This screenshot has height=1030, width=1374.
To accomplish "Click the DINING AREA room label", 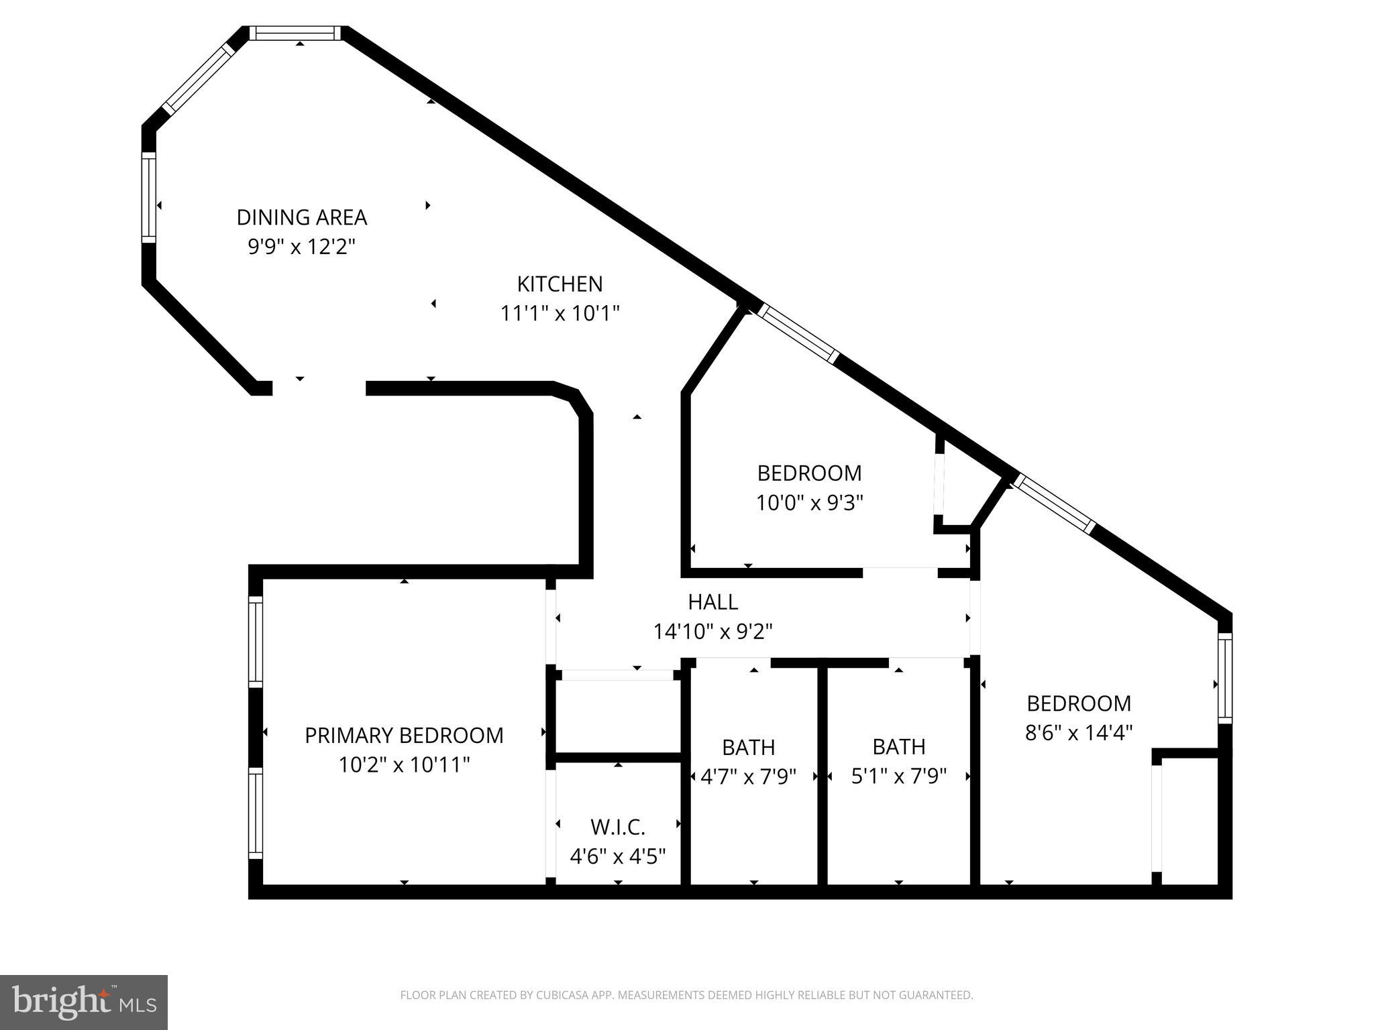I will point(301,217).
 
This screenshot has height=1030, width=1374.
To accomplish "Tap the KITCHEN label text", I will point(560,284).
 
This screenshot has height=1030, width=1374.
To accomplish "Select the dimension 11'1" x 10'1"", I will point(560,313).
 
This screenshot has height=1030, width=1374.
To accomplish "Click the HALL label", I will point(712,602).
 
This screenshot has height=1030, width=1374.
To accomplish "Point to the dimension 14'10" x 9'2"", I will point(712,631).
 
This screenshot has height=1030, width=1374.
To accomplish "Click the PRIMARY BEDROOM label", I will point(404,735).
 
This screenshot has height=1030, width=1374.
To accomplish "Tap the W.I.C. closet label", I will point(617,827).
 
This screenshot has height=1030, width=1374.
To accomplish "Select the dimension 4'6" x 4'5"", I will point(617,856).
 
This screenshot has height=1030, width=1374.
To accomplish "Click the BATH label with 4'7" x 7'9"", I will point(748,746).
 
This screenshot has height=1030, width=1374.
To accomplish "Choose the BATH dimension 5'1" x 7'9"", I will point(898,776).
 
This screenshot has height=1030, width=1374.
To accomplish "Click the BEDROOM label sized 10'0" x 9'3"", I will point(809,473).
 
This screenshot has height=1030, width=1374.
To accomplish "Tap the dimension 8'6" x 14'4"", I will point(1078,732).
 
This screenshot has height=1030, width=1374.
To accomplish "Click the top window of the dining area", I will point(295,33).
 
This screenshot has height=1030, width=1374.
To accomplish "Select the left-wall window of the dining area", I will point(148,196).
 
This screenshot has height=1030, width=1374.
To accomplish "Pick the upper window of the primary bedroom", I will point(255,641).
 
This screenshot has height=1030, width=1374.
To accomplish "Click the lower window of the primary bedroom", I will point(255,813).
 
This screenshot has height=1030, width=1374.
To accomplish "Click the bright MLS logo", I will point(84,1002).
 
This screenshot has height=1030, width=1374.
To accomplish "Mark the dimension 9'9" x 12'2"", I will point(301,247).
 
